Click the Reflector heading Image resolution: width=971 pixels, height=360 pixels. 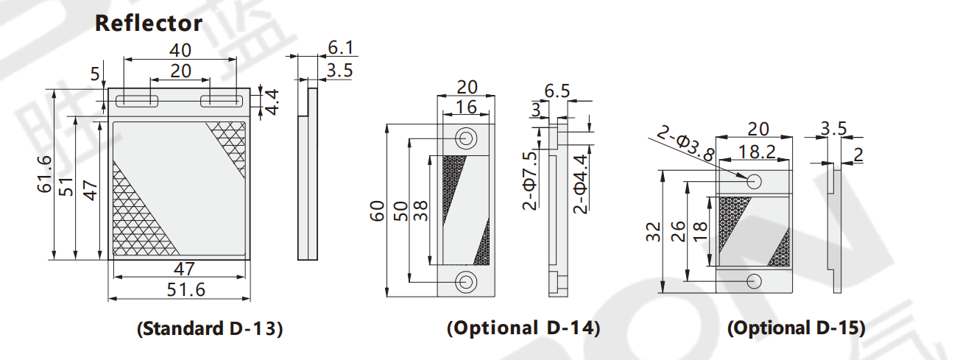149,23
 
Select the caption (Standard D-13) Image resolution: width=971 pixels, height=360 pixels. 210,328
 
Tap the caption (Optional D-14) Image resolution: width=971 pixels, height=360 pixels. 523,328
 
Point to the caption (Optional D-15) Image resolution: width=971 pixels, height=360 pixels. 797,328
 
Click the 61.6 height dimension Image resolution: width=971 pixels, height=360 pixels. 45,174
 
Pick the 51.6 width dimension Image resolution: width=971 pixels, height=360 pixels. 186,290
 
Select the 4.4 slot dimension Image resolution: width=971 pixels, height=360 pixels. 272,102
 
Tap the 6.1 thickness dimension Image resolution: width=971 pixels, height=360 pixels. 341,47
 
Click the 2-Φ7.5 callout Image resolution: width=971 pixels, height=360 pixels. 530,180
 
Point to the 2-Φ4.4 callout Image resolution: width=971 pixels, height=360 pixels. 580,184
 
